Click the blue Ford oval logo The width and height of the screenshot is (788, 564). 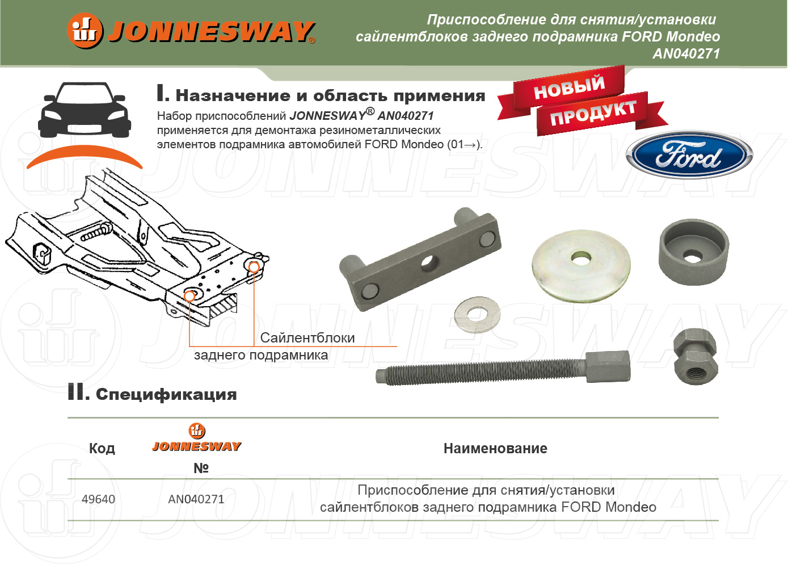pyautogui.click(x=689, y=156)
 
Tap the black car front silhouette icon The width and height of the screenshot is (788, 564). pyautogui.click(x=85, y=110)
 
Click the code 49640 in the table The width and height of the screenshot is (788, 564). pyautogui.click(x=98, y=499)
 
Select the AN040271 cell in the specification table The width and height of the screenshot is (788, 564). pyautogui.click(x=196, y=499)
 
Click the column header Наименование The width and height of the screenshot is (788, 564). pyautogui.click(x=495, y=449)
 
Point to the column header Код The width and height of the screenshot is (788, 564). pyautogui.click(x=102, y=449)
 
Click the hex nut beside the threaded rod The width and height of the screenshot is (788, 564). pyautogui.click(x=696, y=356)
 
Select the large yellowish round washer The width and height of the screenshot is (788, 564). pyautogui.click(x=581, y=266)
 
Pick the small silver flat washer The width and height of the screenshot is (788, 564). pyautogui.click(x=477, y=315)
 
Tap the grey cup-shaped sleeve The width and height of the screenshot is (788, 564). pyautogui.click(x=694, y=252)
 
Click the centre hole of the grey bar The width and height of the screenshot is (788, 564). pyautogui.click(x=429, y=264)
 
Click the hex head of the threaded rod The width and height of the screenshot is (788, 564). pyautogui.click(x=608, y=366)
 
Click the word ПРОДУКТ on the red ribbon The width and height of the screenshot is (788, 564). pyautogui.click(x=593, y=113)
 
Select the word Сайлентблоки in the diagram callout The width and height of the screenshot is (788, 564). pyautogui.click(x=307, y=338)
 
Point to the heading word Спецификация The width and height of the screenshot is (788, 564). pyautogui.click(x=166, y=395)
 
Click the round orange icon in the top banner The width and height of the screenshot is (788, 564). pyautogui.click(x=85, y=31)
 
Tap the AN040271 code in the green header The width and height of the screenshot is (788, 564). pyautogui.click(x=686, y=53)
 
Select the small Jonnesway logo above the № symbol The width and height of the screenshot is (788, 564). pyautogui.click(x=197, y=437)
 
